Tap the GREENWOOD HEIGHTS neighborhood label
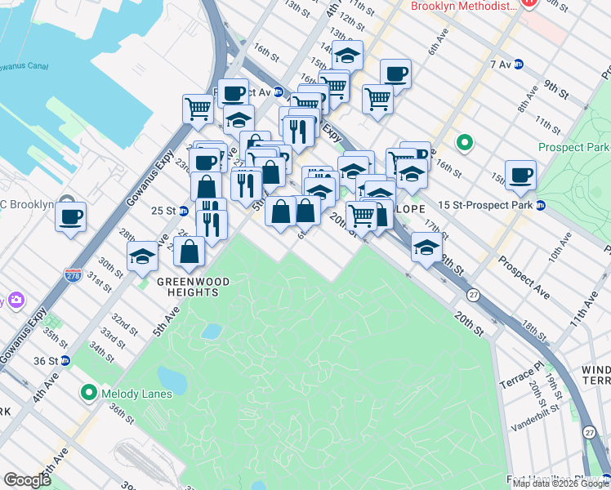[192, 282]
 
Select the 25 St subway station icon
[184, 211]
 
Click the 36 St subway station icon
[65, 360]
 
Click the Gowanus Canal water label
[20, 66]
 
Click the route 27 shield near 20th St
[472, 294]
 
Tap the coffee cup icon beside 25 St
[70, 216]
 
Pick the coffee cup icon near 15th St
[520, 174]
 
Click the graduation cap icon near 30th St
[142, 257]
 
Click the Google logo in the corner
[27, 480]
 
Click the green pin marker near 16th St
[465, 144]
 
